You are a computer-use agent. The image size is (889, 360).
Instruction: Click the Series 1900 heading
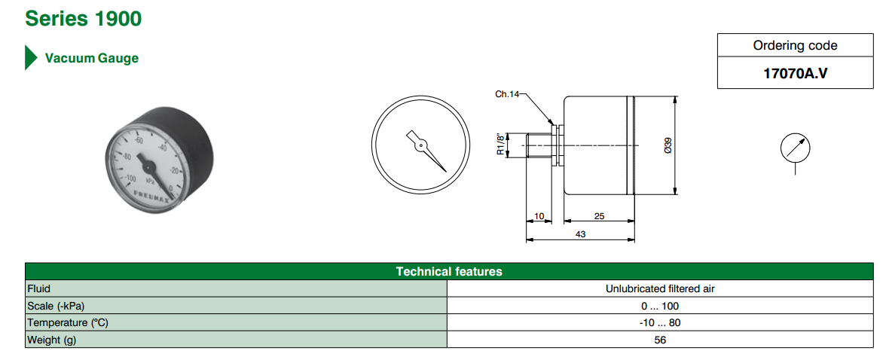tap(83, 18)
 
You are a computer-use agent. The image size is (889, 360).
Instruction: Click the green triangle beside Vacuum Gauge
tap(31, 58)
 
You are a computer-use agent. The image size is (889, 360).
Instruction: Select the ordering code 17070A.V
tap(795, 74)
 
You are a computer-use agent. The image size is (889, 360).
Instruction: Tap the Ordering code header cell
tap(795, 45)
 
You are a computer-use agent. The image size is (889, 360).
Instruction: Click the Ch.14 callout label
tap(507, 94)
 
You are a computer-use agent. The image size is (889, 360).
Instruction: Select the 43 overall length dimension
tap(580, 234)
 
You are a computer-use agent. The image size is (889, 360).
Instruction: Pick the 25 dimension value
tap(599, 216)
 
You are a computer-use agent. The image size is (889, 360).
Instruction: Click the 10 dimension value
tap(539, 216)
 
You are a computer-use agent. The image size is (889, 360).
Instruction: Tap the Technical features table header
tap(449, 271)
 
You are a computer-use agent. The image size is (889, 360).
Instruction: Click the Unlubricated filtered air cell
tap(660, 288)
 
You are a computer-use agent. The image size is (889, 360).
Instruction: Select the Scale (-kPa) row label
tap(57, 306)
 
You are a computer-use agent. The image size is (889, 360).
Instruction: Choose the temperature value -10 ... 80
tap(660, 322)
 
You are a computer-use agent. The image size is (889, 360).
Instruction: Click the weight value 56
tap(660, 340)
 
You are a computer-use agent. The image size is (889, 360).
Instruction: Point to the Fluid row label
tap(38, 288)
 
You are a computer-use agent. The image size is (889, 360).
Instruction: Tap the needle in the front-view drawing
tap(426, 150)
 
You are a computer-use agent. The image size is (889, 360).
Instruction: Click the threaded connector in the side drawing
tap(539, 145)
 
